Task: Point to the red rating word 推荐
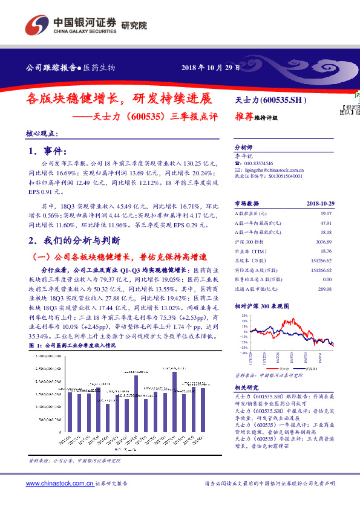coord(243,118)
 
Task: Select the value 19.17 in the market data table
coord(326,214)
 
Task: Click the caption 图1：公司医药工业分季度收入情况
coord(72,345)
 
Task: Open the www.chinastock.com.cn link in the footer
coord(59,484)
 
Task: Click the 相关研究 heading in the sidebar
coord(246,387)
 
